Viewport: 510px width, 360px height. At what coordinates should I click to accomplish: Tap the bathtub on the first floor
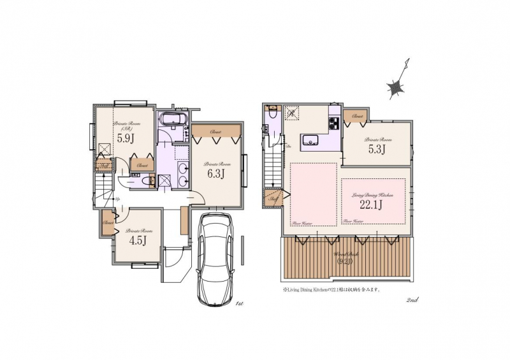coord(170,119)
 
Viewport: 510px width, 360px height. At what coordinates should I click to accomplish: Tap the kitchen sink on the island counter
coord(310,140)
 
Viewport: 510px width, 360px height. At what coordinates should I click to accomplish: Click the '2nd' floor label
coord(411,299)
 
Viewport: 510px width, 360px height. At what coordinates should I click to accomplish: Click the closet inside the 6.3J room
coord(215,132)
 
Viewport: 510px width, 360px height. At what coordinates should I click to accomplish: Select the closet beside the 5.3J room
coord(357,117)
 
